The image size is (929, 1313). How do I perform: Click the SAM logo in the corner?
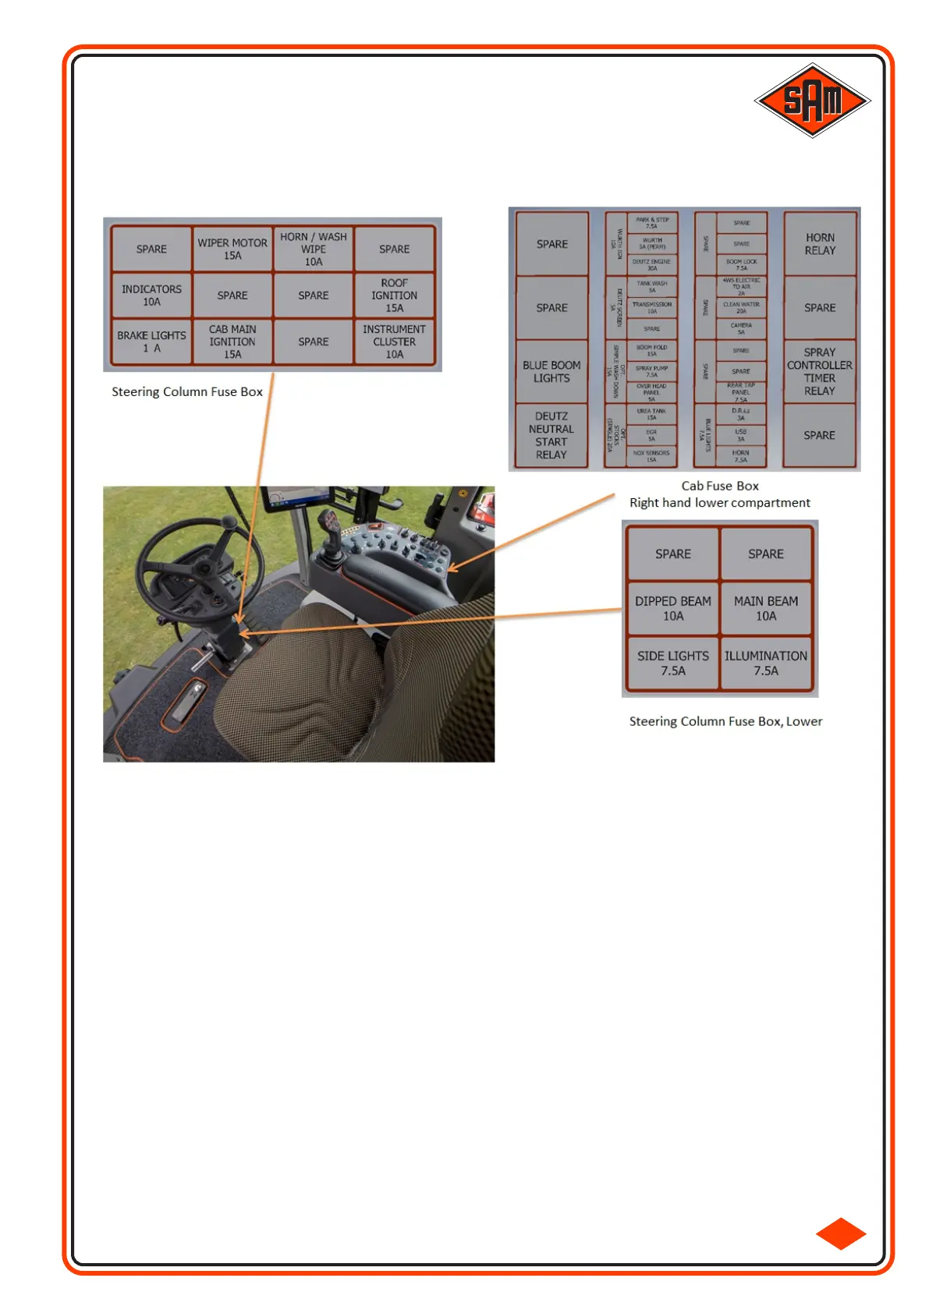point(812,101)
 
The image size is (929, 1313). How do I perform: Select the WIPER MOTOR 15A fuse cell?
point(232,250)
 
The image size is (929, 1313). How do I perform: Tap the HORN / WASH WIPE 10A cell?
point(314,250)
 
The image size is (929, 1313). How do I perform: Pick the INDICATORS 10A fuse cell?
point(151,296)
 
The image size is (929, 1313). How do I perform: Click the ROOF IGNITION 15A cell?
point(394,296)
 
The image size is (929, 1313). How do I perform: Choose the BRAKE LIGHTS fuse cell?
point(151,342)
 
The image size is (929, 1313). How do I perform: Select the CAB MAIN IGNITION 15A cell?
point(232,342)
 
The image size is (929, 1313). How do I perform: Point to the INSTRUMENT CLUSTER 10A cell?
point(394,342)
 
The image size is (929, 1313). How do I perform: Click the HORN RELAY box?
point(820,244)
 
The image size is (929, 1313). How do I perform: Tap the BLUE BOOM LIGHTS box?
point(551,371)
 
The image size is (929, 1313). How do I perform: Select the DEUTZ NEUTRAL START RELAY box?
point(551,435)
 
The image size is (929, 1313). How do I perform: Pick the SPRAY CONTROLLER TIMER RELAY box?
point(819,371)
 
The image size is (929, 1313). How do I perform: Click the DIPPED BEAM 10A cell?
point(673,608)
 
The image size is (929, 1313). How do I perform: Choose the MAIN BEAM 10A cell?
point(766,608)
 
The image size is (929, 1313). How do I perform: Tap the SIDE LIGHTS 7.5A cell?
point(673,663)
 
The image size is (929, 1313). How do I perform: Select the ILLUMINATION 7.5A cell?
point(766,663)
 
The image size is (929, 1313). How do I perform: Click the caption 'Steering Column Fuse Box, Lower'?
point(725,721)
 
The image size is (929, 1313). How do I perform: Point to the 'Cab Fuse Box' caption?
point(720,486)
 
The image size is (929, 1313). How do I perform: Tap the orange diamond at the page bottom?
point(841,1233)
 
